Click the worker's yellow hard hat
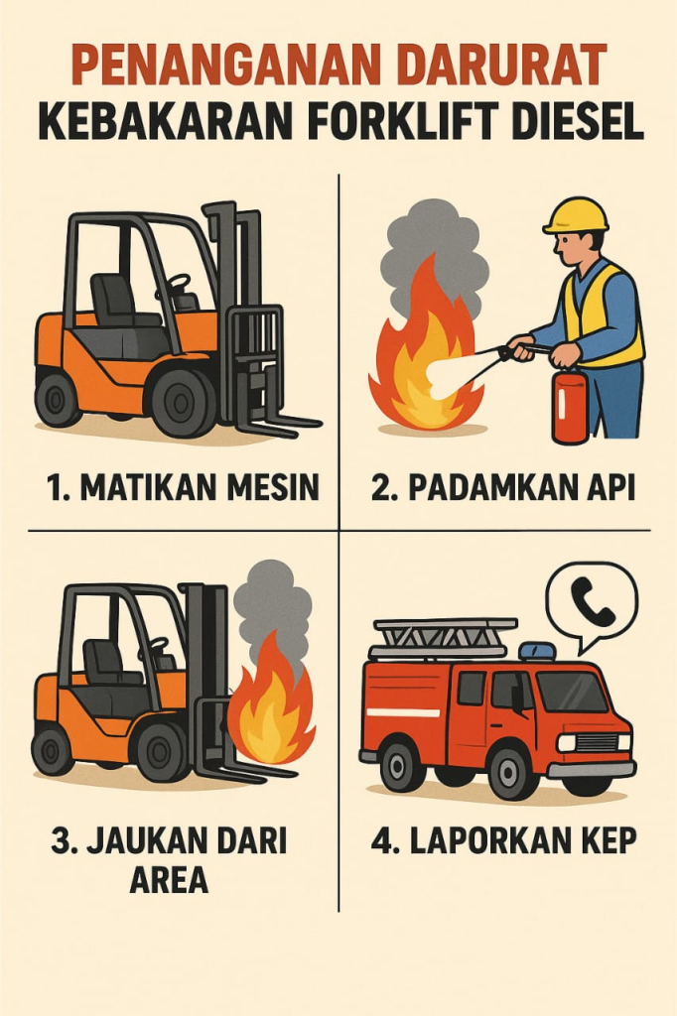tap(577, 215)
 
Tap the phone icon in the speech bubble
tap(593, 600)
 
